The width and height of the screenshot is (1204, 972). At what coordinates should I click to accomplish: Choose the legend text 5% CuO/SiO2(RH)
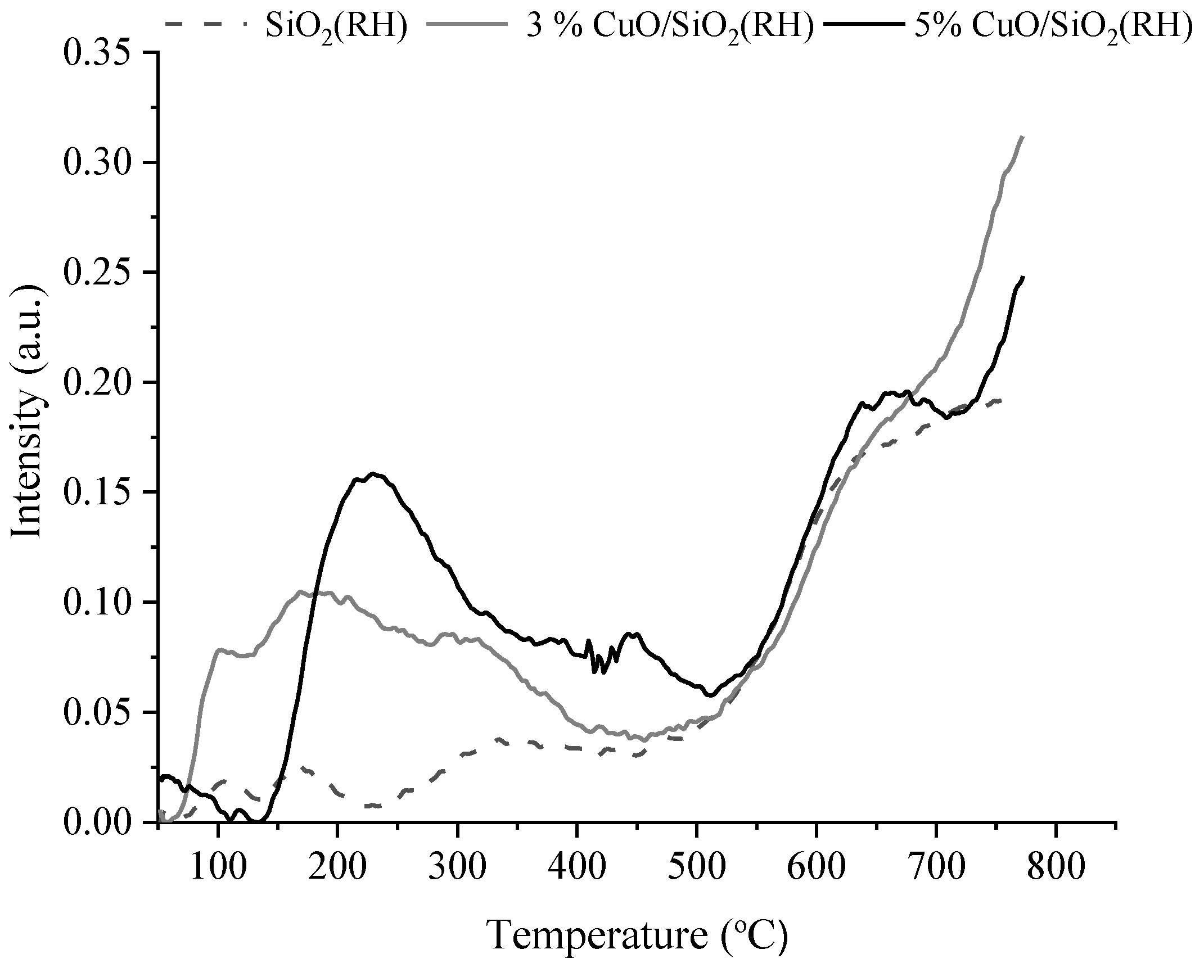[1051, 25]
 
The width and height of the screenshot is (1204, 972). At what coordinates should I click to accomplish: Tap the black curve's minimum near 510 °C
[711, 695]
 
